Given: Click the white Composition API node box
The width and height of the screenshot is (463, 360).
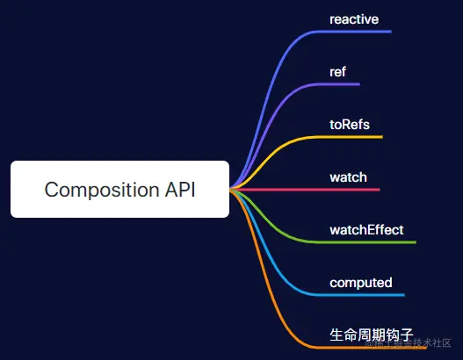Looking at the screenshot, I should click(x=119, y=189).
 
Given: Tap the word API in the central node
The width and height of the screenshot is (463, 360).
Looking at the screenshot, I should click(x=178, y=190).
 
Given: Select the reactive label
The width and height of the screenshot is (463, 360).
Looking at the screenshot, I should click(x=354, y=18).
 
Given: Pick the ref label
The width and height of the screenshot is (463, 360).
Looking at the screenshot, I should click(x=337, y=71).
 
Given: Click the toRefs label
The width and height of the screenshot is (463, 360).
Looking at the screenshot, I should click(x=350, y=124).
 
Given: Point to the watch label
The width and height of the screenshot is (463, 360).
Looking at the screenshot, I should click(x=348, y=177).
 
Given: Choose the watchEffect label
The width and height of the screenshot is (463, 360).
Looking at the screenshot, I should click(x=366, y=230).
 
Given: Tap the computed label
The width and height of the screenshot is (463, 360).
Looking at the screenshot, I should click(x=360, y=283).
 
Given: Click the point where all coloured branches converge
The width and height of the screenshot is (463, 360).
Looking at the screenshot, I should click(x=231, y=189).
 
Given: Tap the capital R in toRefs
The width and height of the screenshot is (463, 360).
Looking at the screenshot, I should click(x=344, y=124).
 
